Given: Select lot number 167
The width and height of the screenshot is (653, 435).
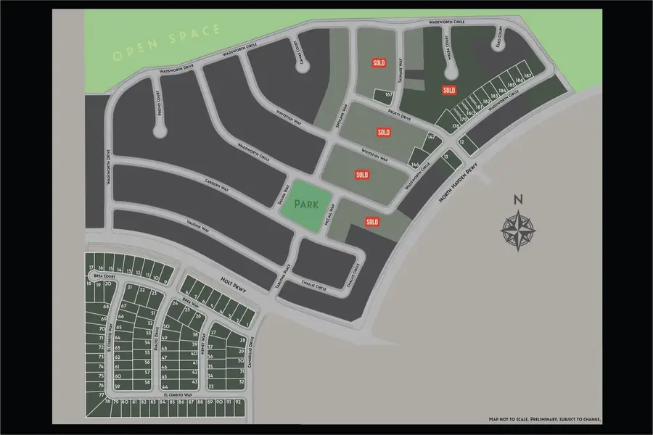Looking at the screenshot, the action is click(x=389, y=94).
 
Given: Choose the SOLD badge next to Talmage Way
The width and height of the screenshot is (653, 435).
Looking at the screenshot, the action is click(x=379, y=63).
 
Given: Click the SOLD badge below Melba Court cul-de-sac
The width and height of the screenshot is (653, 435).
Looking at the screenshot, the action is click(x=448, y=90).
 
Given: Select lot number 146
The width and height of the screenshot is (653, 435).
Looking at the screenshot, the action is click(x=414, y=165).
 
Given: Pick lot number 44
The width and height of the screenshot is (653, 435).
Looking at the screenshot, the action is click(x=165, y=386).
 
